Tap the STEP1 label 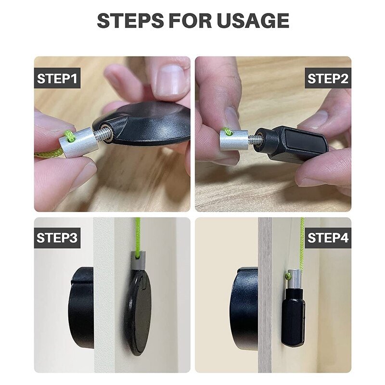(x=57, y=78)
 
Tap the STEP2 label (x=327, y=78)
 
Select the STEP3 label (x=57, y=238)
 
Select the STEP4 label (x=327, y=238)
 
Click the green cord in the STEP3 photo (x=138, y=236)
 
